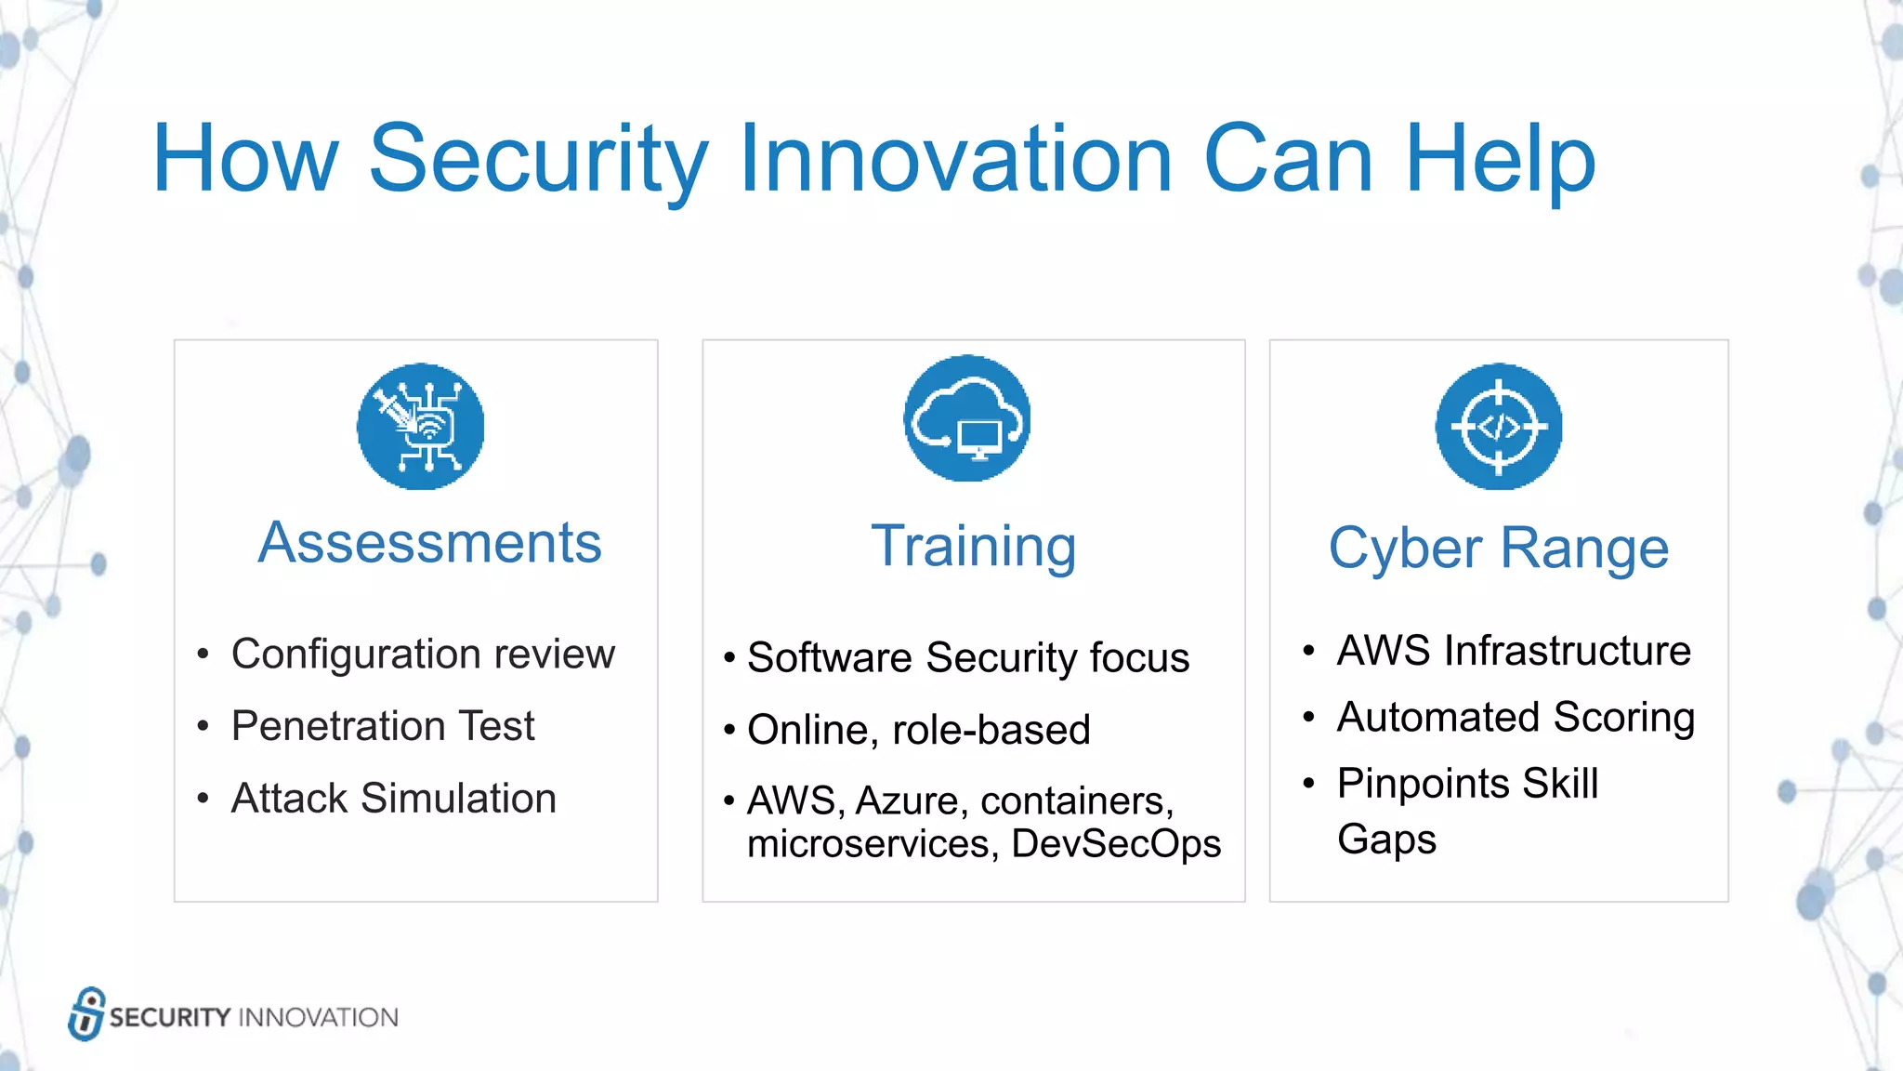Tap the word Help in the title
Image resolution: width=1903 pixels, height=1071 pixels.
click(x=1500, y=160)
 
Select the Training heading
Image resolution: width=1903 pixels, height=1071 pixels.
click(x=974, y=546)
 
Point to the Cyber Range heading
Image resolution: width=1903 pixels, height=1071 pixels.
click(x=1498, y=548)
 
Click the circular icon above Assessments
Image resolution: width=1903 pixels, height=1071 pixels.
click(x=420, y=427)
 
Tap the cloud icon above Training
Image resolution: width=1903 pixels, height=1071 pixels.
click(x=966, y=418)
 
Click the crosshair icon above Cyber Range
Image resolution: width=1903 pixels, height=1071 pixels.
click(x=1498, y=427)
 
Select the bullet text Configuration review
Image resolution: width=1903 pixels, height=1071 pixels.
click(x=423, y=654)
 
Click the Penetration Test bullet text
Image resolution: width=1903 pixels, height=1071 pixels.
click(x=383, y=726)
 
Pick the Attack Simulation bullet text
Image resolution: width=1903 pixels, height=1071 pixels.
click(x=393, y=799)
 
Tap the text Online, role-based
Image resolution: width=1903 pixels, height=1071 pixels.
click(x=918, y=730)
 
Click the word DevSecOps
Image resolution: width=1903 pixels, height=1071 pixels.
click(x=1115, y=844)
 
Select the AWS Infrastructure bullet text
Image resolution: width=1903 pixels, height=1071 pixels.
click(x=1513, y=651)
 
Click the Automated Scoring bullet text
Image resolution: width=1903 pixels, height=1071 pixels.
click(x=1515, y=718)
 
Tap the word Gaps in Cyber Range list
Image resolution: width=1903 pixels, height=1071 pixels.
click(x=1386, y=840)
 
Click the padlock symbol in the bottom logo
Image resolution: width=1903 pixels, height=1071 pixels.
click(x=86, y=1013)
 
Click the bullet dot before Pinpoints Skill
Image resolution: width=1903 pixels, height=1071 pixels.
click(x=1308, y=784)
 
